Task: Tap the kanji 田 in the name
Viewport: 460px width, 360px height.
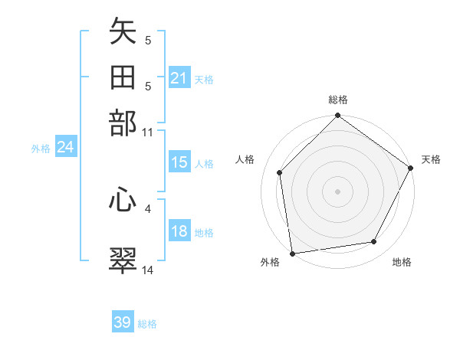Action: point(123,78)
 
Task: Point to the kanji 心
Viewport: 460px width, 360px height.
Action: point(123,201)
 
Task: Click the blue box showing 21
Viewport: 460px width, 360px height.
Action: point(179,78)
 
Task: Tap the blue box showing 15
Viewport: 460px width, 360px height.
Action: point(179,163)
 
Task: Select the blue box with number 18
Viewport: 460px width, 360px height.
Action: point(179,232)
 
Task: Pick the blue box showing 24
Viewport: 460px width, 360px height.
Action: point(65,148)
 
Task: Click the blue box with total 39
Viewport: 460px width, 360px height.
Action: point(123,322)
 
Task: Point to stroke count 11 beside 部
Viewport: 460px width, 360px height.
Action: point(148,133)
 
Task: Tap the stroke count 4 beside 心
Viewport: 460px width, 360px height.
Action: point(148,208)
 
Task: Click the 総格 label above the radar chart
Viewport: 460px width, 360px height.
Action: point(338,100)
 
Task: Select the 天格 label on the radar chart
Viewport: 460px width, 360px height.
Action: point(431,159)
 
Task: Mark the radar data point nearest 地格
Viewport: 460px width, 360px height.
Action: point(374,241)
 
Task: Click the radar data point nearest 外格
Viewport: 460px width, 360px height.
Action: point(292,253)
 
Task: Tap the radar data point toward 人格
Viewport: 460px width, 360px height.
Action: point(280,172)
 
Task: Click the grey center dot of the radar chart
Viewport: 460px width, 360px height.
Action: point(337,191)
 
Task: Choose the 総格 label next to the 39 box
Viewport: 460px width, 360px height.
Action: point(148,324)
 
